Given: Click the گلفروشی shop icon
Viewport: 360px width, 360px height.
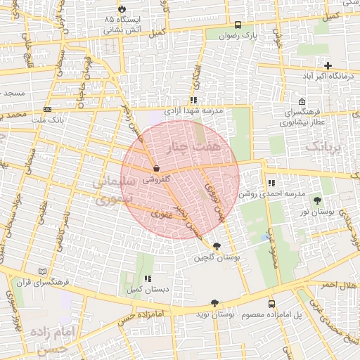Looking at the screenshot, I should (155, 169).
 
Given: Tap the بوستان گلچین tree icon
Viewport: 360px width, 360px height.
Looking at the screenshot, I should (215, 246).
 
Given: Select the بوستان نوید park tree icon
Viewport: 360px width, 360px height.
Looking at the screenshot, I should (214, 304).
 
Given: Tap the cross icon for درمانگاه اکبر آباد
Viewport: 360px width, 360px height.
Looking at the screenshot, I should (328, 65).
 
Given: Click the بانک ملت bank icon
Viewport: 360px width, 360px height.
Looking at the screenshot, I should (48, 109).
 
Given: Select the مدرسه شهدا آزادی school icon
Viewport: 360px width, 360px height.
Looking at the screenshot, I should (193, 101).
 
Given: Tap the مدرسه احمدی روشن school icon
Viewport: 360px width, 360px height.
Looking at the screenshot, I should (271, 183).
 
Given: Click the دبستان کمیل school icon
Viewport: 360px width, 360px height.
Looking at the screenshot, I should (148, 279).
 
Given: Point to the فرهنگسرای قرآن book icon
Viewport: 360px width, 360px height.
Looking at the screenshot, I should (43, 271).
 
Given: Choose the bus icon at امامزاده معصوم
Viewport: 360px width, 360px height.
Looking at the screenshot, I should (271, 304).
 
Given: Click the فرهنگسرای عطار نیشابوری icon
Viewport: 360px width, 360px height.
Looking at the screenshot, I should (302, 101).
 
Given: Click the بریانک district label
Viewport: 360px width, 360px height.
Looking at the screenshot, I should (326, 147).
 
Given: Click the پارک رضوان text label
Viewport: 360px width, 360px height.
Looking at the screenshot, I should (256, 34).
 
